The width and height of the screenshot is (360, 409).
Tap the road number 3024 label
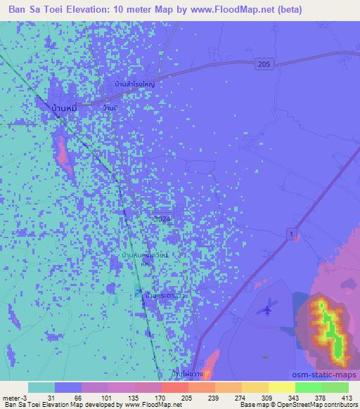(x=161, y=219)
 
